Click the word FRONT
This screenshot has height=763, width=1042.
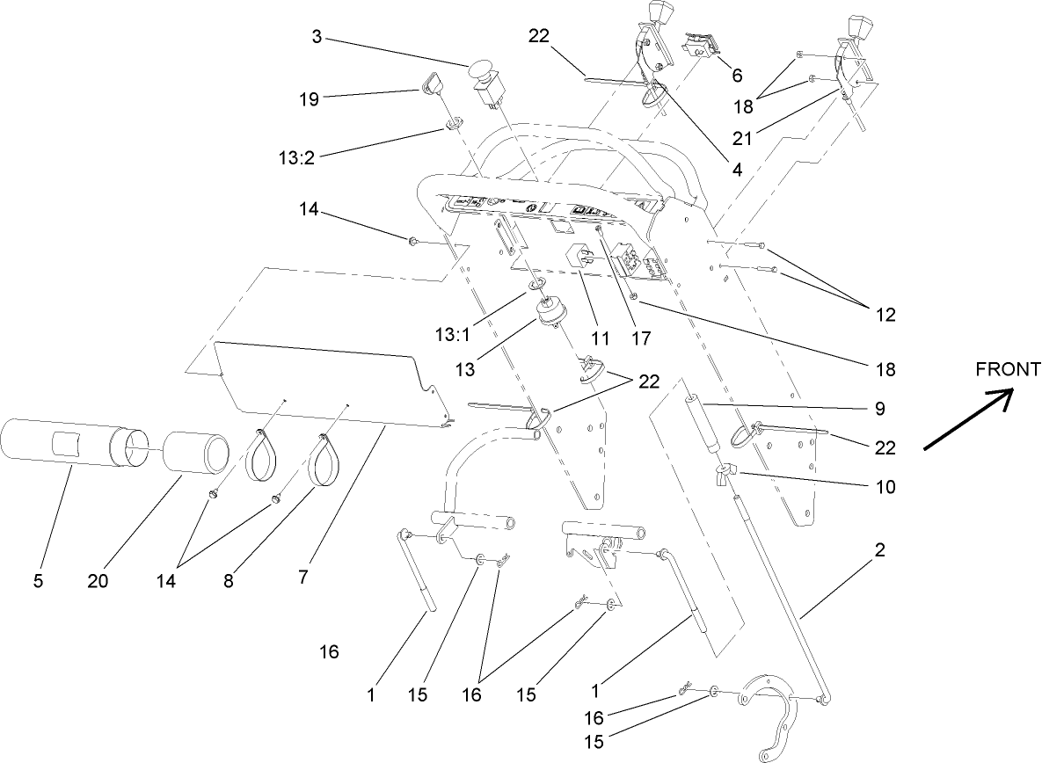1008,369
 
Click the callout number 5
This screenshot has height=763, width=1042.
38,580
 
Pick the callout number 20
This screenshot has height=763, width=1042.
98,580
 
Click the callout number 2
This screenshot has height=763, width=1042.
879,551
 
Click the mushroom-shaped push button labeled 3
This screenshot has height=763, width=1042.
482,71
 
